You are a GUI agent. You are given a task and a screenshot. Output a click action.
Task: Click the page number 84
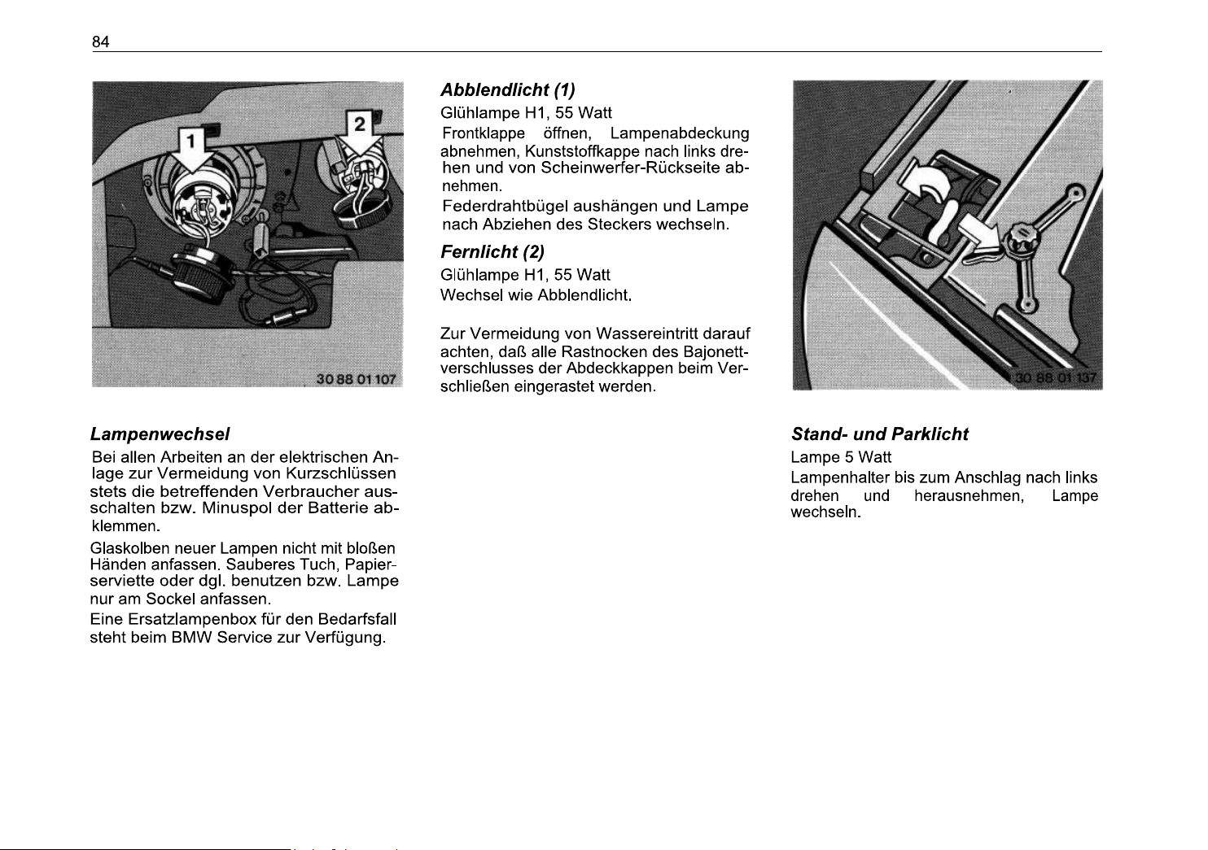coord(101,42)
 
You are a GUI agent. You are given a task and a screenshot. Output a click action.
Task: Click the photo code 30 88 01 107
coord(357,378)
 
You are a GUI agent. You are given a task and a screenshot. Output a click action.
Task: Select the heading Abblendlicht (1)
coord(508,90)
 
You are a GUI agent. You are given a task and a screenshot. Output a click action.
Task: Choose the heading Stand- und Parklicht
coord(880,434)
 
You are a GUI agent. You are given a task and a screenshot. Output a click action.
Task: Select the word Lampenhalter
coord(840,477)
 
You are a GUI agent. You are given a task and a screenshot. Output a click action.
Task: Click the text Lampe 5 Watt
coord(841,458)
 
